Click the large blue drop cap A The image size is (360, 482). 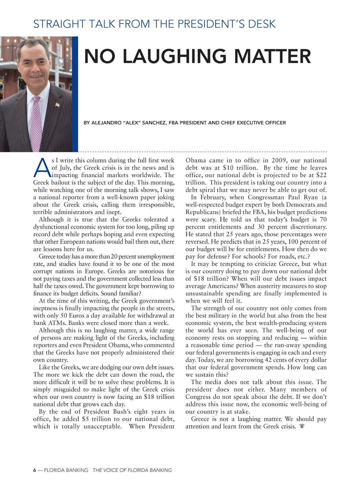point(41,168)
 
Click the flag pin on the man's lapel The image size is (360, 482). point(58,104)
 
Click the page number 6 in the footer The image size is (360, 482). point(34,470)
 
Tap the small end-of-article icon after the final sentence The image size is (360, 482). point(302,426)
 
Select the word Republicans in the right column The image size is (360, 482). point(201,212)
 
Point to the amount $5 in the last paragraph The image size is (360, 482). point(85,419)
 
